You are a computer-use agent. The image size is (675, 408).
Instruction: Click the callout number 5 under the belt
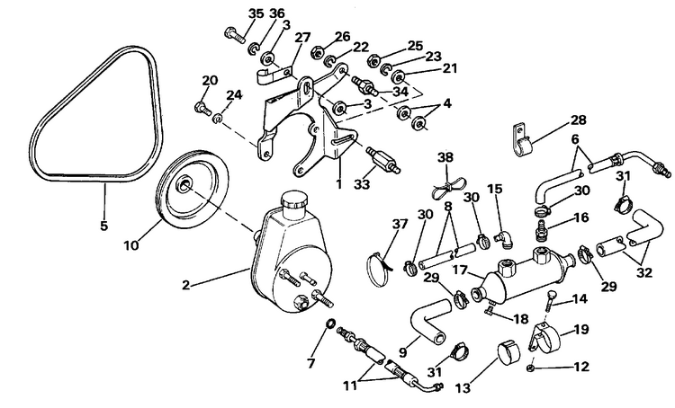tap(103, 226)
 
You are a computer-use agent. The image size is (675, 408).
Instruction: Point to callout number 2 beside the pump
tap(185, 286)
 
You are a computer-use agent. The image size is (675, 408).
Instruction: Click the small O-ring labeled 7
tap(329, 324)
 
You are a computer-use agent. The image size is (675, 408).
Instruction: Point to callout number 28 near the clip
tap(578, 120)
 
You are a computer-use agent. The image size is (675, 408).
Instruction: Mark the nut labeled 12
tap(533, 368)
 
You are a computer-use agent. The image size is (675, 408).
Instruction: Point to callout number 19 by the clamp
tap(580, 331)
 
